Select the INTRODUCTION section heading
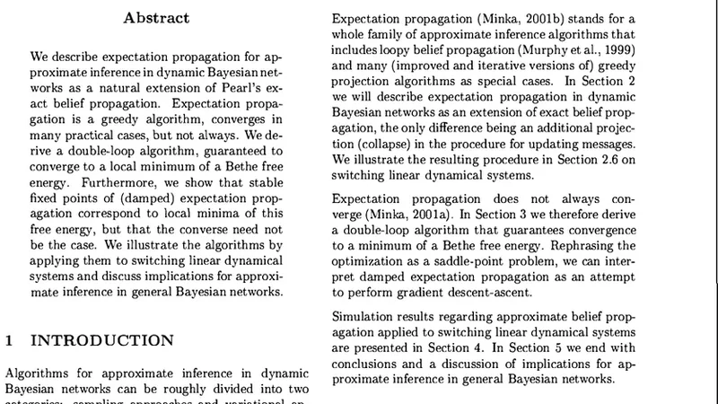coord(102,340)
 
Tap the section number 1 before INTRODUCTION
coord(10,340)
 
